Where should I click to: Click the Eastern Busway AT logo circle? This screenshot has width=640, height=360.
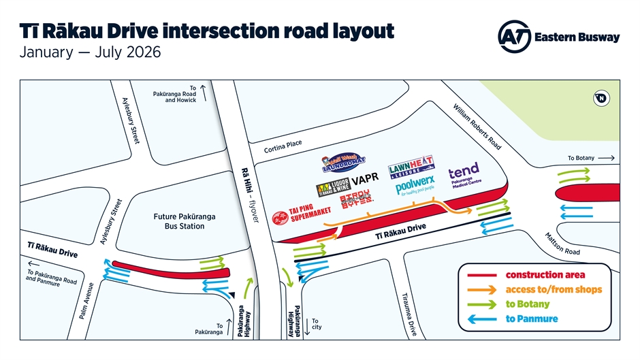(513, 36)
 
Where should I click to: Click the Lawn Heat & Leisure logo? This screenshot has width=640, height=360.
(411, 165)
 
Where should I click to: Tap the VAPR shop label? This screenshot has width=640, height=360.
(365, 180)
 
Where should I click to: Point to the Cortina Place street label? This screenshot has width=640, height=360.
(283, 146)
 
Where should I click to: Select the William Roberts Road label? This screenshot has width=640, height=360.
(477, 127)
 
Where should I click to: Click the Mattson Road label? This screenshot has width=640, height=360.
(562, 244)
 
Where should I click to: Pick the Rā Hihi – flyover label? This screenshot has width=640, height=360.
(249, 196)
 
